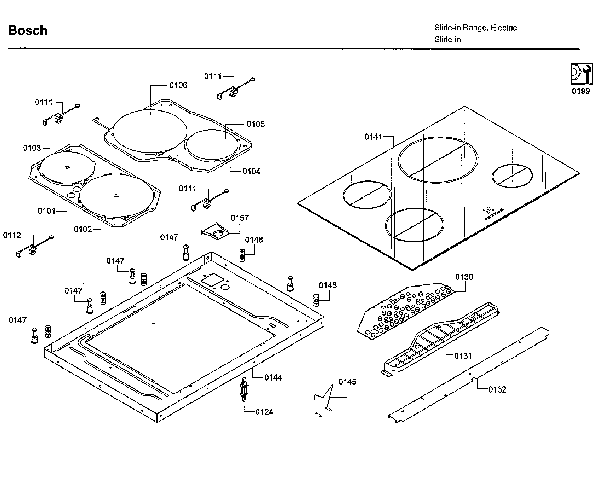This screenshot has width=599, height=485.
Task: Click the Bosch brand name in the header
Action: pyautogui.click(x=28, y=31)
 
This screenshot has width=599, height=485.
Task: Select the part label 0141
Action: pyautogui.click(x=373, y=137)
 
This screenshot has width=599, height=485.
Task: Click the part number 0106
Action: pyautogui.click(x=178, y=85)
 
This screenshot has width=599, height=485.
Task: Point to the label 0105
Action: pyautogui.click(x=255, y=124)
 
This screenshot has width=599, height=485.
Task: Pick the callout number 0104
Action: pyautogui.click(x=251, y=171)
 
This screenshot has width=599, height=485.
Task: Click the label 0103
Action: pyautogui.click(x=32, y=148)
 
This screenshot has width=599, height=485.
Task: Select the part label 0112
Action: pyautogui.click(x=12, y=235)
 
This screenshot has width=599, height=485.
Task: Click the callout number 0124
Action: pyautogui.click(x=264, y=412)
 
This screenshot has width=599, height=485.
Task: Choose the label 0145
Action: pyautogui.click(x=347, y=382)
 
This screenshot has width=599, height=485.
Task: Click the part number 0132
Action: pyautogui.click(x=497, y=389)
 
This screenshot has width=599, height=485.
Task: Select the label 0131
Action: pyautogui.click(x=463, y=356)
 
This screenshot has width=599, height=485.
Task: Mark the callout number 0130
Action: pyautogui.click(x=464, y=277)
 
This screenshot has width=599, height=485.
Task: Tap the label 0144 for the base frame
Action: pyautogui.click(x=273, y=378)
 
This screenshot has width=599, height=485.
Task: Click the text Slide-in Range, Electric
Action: pyautogui.click(x=475, y=28)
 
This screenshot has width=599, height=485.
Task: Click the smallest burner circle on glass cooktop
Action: pyautogui.click(x=512, y=176)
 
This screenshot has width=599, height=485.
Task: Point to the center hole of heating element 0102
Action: pyautogui.click(x=117, y=195)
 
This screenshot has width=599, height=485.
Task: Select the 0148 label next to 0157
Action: pyautogui.click(x=254, y=240)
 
